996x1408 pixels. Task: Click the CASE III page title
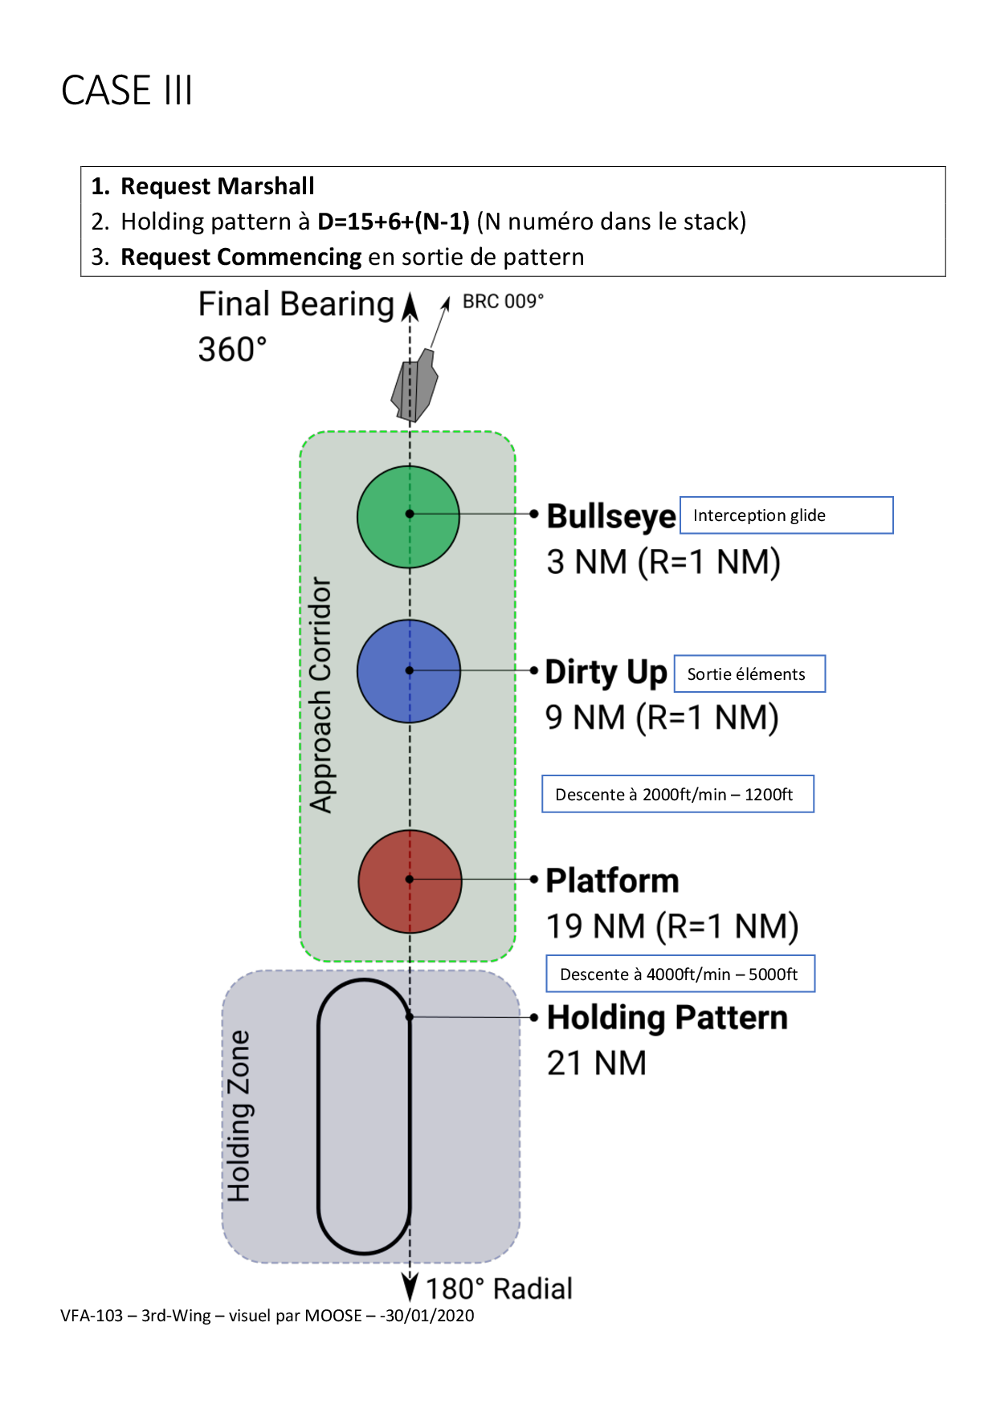click(127, 90)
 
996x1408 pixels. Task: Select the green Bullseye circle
click(409, 517)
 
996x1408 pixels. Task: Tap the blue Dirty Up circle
click(409, 671)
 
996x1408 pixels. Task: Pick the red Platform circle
click(410, 881)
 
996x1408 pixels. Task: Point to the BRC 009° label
click(503, 302)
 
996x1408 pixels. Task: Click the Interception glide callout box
click(786, 515)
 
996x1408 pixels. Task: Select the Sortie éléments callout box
click(749, 674)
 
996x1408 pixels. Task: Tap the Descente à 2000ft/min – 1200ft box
click(677, 795)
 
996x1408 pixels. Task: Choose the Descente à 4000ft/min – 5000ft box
click(680, 975)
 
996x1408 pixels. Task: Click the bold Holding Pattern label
click(667, 1018)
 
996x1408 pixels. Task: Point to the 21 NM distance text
click(596, 1064)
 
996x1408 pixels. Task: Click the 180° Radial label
click(499, 1289)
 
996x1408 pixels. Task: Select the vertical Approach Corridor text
click(321, 695)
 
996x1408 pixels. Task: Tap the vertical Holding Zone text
click(239, 1116)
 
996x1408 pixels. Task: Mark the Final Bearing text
click(296, 305)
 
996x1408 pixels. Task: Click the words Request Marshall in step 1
click(217, 186)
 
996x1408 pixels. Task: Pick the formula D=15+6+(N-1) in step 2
click(393, 222)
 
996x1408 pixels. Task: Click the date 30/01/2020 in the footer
click(430, 1316)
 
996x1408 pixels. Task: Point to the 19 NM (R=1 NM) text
click(671, 926)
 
